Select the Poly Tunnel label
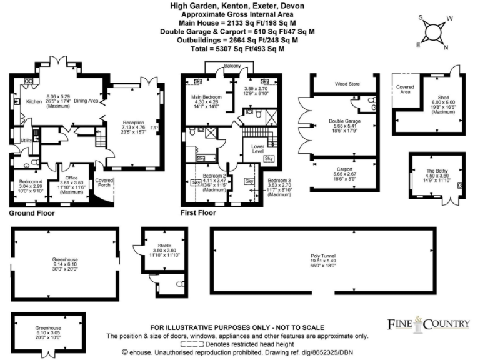point(324,256)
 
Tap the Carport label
point(345,169)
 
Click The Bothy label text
point(437,171)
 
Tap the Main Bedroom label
point(205,97)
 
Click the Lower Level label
point(258,148)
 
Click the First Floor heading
point(199,213)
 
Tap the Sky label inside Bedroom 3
point(249,181)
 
